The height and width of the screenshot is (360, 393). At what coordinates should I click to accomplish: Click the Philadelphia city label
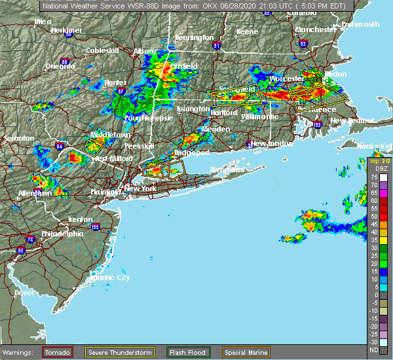pyautogui.click(x=62, y=234)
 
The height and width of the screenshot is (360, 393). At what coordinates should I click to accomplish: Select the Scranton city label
pyautogui.click(x=18, y=139)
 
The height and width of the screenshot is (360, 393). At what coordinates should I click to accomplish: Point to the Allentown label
pyautogui.click(x=34, y=194)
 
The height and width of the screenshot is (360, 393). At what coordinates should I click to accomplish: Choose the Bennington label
pyautogui.click(x=194, y=38)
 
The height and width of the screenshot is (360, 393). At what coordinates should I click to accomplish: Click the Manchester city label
pyautogui.click(x=315, y=30)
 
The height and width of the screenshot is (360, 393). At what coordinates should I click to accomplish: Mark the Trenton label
pyautogui.click(x=80, y=219)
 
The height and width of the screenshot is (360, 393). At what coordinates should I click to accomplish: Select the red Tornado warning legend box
pyautogui.click(x=58, y=352)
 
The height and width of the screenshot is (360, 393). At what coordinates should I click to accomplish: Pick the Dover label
pyautogui.click(x=24, y=293)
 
